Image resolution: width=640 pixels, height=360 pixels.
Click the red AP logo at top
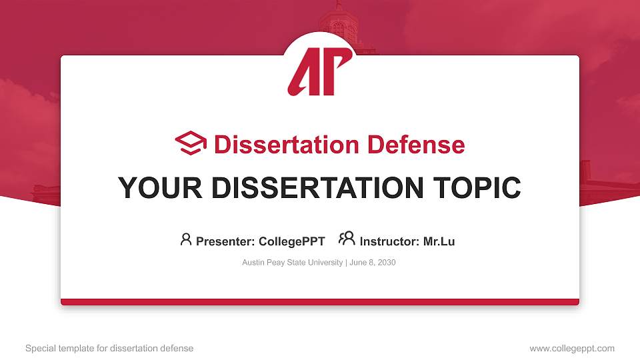(x=319, y=71)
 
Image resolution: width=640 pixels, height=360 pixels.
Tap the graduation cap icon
(x=191, y=144)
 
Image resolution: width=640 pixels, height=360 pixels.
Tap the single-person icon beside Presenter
(x=186, y=239)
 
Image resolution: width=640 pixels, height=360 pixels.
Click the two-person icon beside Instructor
(x=347, y=239)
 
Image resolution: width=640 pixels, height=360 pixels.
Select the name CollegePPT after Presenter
(x=291, y=241)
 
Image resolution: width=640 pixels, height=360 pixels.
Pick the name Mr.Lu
(x=439, y=241)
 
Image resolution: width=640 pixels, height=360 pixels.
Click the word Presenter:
(x=225, y=241)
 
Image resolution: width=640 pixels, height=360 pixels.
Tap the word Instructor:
(x=390, y=241)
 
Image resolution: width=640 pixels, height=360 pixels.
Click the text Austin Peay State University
(x=292, y=263)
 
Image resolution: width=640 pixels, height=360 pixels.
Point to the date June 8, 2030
(x=372, y=263)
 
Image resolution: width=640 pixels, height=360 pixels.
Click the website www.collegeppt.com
(x=571, y=348)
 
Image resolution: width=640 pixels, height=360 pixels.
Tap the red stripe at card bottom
(x=320, y=302)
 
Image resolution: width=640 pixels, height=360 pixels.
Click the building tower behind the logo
(x=339, y=20)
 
